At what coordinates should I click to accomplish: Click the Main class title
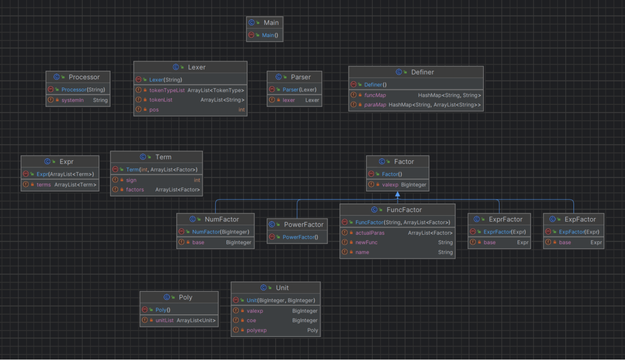(x=271, y=23)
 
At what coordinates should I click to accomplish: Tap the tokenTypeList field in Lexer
(x=167, y=90)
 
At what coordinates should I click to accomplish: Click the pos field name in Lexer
(x=154, y=110)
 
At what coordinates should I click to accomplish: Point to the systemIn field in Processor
(x=73, y=100)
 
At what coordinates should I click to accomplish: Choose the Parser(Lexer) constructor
(x=299, y=90)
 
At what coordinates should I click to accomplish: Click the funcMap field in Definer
(x=375, y=95)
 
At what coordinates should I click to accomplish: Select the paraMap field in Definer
(x=375, y=105)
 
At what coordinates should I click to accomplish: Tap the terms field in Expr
(x=43, y=185)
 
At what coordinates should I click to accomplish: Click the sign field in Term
(x=131, y=180)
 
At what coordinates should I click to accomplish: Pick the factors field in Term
(x=135, y=189)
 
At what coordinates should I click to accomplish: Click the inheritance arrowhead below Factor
(x=398, y=194)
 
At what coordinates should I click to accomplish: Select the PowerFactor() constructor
(x=300, y=237)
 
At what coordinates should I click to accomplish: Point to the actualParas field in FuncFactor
(x=370, y=233)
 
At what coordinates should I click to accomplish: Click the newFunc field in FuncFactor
(x=367, y=242)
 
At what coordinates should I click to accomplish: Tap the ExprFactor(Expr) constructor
(x=504, y=232)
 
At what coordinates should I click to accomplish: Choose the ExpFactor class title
(x=580, y=219)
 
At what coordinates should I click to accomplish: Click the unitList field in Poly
(x=164, y=320)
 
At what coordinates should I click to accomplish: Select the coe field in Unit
(x=251, y=320)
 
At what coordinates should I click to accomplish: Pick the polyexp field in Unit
(x=256, y=330)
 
